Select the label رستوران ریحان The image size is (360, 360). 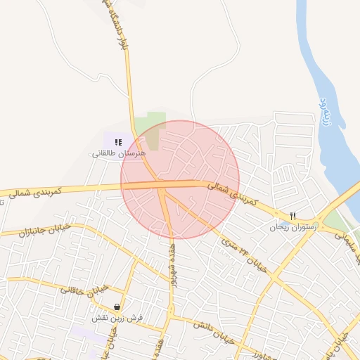294,227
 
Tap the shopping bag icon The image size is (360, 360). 116,307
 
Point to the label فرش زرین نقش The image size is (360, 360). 117,318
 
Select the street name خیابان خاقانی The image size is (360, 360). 84,289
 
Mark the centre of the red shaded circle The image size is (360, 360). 180,179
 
